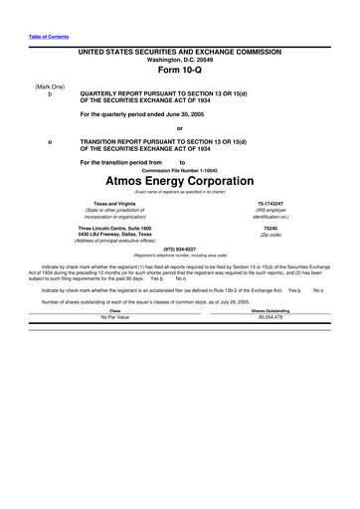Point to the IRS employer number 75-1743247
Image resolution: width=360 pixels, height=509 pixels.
(x=270, y=203)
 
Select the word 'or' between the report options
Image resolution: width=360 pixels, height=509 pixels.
(x=179, y=128)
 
